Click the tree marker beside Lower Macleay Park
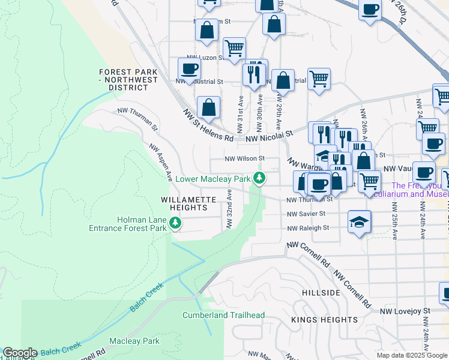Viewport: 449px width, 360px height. tap(259, 178)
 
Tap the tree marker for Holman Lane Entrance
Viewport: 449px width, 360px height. tap(175, 223)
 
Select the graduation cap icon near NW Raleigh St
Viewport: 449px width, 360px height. tap(360, 222)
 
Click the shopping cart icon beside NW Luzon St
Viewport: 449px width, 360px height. tap(234, 48)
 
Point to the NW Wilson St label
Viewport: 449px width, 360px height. tap(244, 159)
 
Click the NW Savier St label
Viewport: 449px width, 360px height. tap(306, 214)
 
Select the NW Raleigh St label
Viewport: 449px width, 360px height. tap(308, 228)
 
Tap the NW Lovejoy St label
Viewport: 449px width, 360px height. tap(405, 311)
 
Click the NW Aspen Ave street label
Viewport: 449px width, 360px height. tap(161, 163)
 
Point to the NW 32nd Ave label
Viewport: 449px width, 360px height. tap(229, 209)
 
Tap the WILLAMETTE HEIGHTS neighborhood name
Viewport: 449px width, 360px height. tap(184, 203)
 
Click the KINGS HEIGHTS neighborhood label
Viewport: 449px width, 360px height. tap(316, 320)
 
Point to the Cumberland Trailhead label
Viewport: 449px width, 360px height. tap(224, 315)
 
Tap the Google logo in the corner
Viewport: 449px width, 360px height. tap(20, 353)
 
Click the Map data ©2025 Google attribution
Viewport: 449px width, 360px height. tap(411, 355)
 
